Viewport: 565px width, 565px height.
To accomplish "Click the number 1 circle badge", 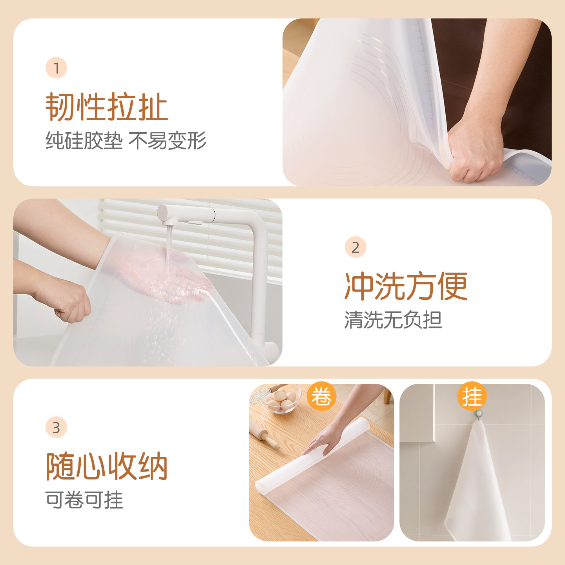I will pyautogui.click(x=56, y=68).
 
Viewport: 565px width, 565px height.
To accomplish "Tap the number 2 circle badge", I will pyautogui.click(x=355, y=248).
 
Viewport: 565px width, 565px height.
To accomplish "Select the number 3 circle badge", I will pyautogui.click(x=56, y=428).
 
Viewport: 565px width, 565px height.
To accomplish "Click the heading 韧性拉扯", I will pyautogui.click(x=107, y=107).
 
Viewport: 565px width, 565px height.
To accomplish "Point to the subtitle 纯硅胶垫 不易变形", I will pyautogui.click(x=126, y=140).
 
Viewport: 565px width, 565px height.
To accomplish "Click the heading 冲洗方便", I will pyautogui.click(x=406, y=286).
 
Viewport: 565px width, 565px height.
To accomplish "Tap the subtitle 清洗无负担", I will pyautogui.click(x=393, y=320).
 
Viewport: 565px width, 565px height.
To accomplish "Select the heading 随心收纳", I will pyautogui.click(x=107, y=466).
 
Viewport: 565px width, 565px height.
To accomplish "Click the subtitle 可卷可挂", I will pyautogui.click(x=84, y=500).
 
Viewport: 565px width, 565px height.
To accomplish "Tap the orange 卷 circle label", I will pyautogui.click(x=321, y=396).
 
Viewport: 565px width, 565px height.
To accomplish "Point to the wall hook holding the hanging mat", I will pyautogui.click(x=479, y=414).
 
